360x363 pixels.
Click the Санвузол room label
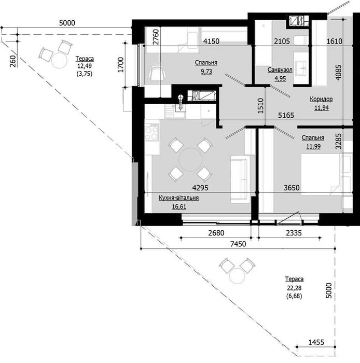(x=280, y=69)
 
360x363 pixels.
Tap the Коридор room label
(x=321, y=99)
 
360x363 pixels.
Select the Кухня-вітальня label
(x=179, y=198)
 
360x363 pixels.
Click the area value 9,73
(x=206, y=72)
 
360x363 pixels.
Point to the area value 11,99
(x=313, y=146)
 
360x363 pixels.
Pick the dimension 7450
(x=238, y=244)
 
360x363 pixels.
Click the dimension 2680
(x=216, y=233)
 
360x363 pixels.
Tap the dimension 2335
(x=294, y=233)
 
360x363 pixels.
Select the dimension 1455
(x=316, y=342)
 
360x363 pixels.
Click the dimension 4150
(x=211, y=41)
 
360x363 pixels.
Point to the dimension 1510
(x=261, y=106)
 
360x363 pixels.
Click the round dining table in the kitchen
(x=190, y=160)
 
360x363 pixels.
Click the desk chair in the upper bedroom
(x=158, y=73)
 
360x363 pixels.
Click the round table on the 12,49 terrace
(x=59, y=60)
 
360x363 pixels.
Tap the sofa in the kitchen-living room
(x=240, y=179)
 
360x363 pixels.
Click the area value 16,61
(x=179, y=206)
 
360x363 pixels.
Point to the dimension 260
(x=13, y=61)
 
